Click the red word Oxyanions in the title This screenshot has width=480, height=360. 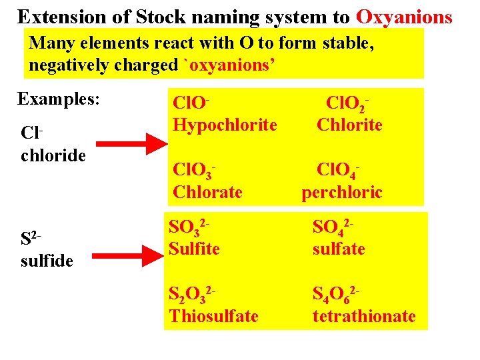(x=405, y=16)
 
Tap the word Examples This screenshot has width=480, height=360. (x=59, y=99)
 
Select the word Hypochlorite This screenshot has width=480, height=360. (x=225, y=124)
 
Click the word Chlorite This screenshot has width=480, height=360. (x=349, y=124)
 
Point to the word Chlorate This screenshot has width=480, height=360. (x=207, y=192)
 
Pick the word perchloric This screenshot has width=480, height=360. (x=342, y=192)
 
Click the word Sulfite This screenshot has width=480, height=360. (x=195, y=249)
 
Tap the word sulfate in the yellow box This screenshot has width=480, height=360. (x=339, y=249)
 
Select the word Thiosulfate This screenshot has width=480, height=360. (x=214, y=315)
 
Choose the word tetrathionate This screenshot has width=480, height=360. (x=364, y=315)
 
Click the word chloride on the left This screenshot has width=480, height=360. (x=53, y=155)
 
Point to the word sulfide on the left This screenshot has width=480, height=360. (x=47, y=260)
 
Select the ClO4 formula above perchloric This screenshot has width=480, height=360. (x=341, y=171)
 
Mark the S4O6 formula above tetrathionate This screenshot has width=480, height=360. (x=338, y=294)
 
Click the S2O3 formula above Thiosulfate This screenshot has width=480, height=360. (x=193, y=294)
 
